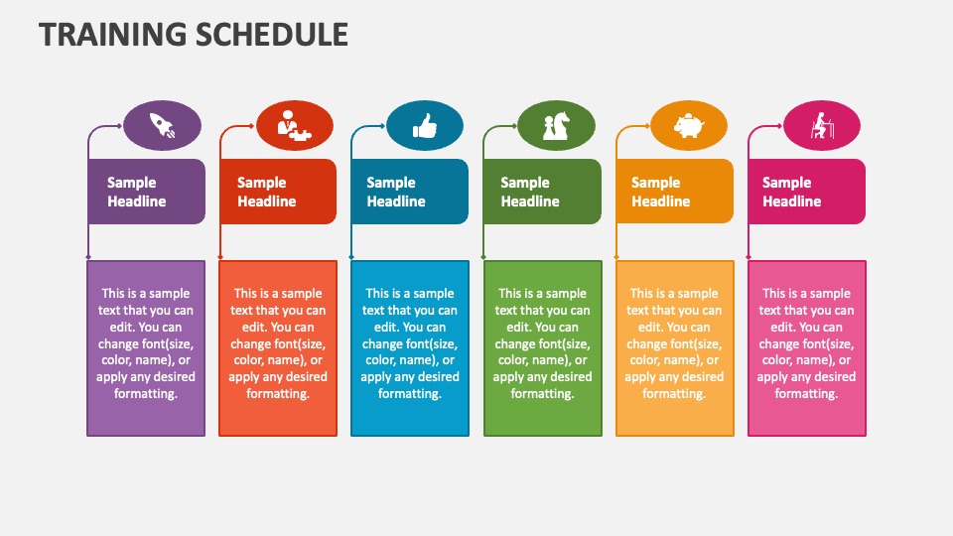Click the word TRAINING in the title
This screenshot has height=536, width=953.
[x=112, y=34]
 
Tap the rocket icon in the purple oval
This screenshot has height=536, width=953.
[x=162, y=125]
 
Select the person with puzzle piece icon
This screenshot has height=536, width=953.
[x=294, y=125]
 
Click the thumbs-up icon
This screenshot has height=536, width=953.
[x=425, y=126]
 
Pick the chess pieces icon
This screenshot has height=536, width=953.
[x=556, y=126]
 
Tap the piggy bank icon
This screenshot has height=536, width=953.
[x=689, y=126]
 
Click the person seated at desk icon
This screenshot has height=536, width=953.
[x=822, y=126]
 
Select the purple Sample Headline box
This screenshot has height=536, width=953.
[x=147, y=192]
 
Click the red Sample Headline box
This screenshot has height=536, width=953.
[x=278, y=192]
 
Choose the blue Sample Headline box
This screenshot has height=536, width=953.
[x=410, y=192]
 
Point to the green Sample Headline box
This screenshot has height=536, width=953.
[x=542, y=192]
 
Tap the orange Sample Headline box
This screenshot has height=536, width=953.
[x=675, y=192]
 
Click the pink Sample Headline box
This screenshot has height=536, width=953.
[x=806, y=192]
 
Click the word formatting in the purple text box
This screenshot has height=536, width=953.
[x=146, y=394]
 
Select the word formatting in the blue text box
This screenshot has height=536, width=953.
[x=410, y=394]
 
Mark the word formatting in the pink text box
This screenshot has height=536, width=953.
[x=806, y=394]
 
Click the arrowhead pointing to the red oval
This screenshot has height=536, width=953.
[x=251, y=126]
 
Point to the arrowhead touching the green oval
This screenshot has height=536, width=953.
[x=514, y=126]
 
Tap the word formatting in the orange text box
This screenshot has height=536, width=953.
[x=674, y=394]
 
